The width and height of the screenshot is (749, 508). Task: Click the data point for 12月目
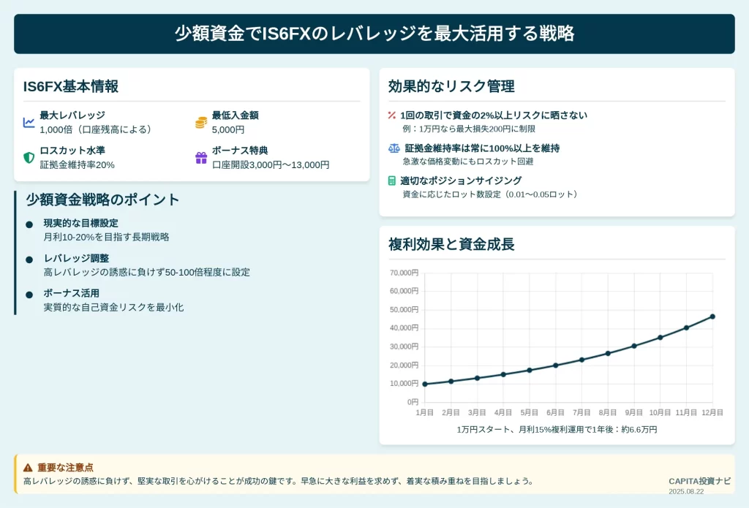click(x=712, y=316)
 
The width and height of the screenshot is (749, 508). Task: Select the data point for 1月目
click(x=425, y=384)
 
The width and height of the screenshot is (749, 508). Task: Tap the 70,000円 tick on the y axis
click(x=404, y=273)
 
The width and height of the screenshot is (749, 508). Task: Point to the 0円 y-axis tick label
click(x=413, y=402)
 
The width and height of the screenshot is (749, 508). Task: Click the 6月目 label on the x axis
click(x=556, y=412)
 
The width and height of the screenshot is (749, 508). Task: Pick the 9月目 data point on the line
click(x=634, y=346)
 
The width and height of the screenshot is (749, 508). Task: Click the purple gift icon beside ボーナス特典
click(x=201, y=158)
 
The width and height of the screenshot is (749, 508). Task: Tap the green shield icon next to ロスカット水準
click(x=29, y=158)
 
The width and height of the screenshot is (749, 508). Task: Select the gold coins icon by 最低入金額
click(x=201, y=123)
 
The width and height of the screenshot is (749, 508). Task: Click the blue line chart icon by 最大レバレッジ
click(x=29, y=123)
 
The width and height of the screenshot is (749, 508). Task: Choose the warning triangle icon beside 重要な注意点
click(x=29, y=467)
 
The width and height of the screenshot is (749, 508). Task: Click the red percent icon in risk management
click(x=392, y=115)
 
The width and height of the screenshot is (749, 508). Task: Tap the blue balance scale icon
click(x=394, y=148)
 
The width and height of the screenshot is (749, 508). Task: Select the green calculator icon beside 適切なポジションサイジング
click(x=392, y=181)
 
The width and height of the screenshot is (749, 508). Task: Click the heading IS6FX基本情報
click(x=71, y=86)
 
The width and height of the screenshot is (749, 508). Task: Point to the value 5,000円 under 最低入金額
click(x=228, y=129)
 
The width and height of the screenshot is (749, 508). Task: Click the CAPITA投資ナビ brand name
click(x=699, y=481)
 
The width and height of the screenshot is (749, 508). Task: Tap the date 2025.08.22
click(x=686, y=491)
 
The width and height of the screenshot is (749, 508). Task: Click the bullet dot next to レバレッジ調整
click(x=29, y=259)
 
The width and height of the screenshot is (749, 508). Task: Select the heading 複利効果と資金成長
click(x=451, y=244)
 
